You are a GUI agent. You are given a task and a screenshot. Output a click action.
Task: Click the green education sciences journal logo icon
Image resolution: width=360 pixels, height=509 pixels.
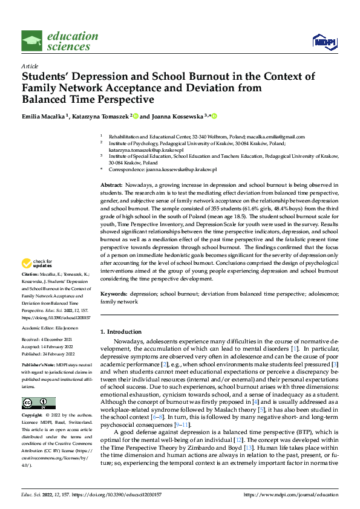(x=32, y=41)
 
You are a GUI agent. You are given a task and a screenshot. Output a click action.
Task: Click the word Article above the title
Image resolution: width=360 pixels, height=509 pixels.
(x=30, y=65)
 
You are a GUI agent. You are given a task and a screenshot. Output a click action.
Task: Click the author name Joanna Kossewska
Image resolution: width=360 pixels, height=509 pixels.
(x=175, y=115)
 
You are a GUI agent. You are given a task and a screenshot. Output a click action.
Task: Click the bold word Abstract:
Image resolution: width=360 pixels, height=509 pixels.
(x=111, y=184)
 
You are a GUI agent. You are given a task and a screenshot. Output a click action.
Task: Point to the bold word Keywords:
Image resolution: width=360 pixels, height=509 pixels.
(x=113, y=293)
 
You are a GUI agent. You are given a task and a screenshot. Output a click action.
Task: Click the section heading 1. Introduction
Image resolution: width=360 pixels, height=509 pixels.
(x=121, y=332)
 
